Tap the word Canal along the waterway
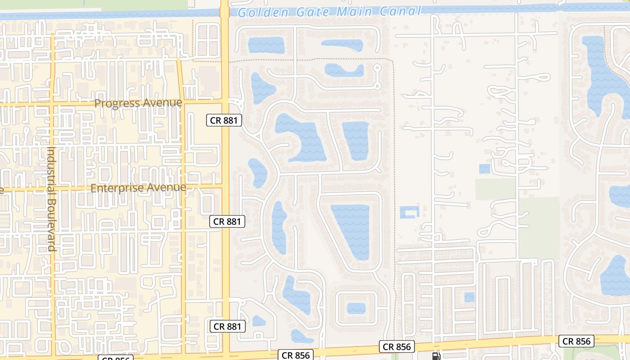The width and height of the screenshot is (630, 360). [x=400, y=11]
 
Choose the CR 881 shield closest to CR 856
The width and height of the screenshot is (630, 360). [x=227, y=326]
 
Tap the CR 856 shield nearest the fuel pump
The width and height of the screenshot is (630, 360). [x=396, y=346]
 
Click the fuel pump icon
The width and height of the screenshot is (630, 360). [x=436, y=356]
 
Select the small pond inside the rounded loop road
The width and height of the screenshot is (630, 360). [x=356, y=308]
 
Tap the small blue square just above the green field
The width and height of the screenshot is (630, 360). [x=485, y=169]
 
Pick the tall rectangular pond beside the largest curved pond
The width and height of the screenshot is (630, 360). [x=356, y=140]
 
